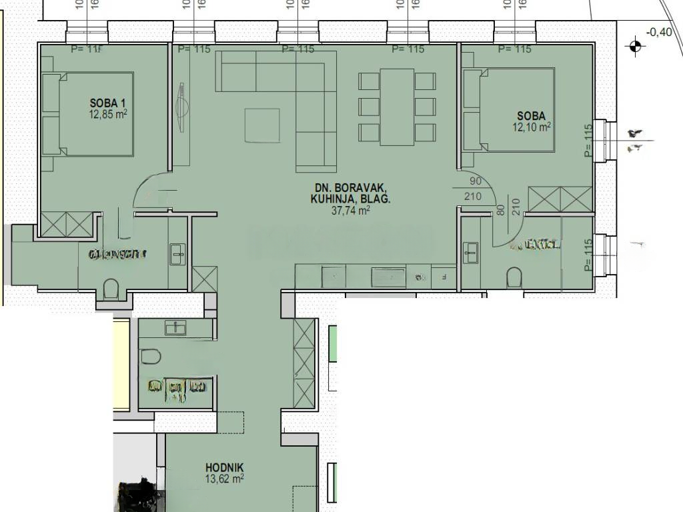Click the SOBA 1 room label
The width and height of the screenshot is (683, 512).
(108, 103)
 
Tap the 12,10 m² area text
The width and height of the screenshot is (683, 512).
(532, 126)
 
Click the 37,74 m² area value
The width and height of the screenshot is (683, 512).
(350, 211)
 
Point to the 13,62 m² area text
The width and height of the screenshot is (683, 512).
(225, 478)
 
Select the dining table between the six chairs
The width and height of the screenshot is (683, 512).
(397, 106)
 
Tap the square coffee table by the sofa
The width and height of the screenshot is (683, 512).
(262, 125)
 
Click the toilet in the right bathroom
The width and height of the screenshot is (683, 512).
(514, 276)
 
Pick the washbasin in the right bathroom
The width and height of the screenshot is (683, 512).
(471, 252)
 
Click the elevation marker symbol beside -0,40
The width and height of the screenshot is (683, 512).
(634, 46)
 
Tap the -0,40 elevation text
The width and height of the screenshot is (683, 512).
(660, 32)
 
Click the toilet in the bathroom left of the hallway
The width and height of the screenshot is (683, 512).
(151, 357)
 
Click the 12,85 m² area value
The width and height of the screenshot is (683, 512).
(108, 113)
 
